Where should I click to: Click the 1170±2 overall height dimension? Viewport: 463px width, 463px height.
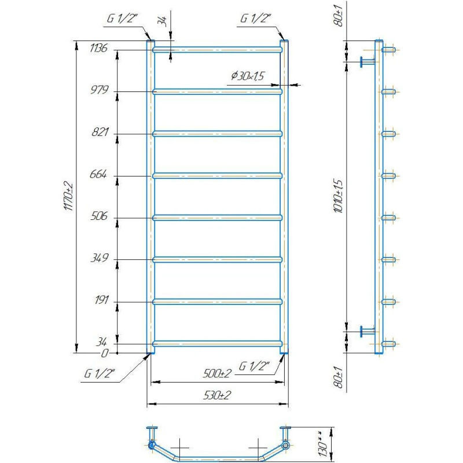point(68,196)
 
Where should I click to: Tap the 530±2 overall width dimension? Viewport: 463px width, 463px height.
point(217,395)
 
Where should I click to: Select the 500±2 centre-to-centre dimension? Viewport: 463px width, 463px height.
point(217,373)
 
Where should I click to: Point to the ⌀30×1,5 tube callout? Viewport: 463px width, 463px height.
point(248,76)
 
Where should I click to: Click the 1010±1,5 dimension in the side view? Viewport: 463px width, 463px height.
point(339,196)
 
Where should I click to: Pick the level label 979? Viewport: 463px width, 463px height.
point(100,90)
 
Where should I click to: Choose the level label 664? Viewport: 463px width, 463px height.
point(98,174)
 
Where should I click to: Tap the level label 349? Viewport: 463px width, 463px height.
point(100,258)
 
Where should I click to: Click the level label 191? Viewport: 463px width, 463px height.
point(102,300)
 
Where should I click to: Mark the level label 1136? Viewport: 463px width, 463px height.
point(98,47)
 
